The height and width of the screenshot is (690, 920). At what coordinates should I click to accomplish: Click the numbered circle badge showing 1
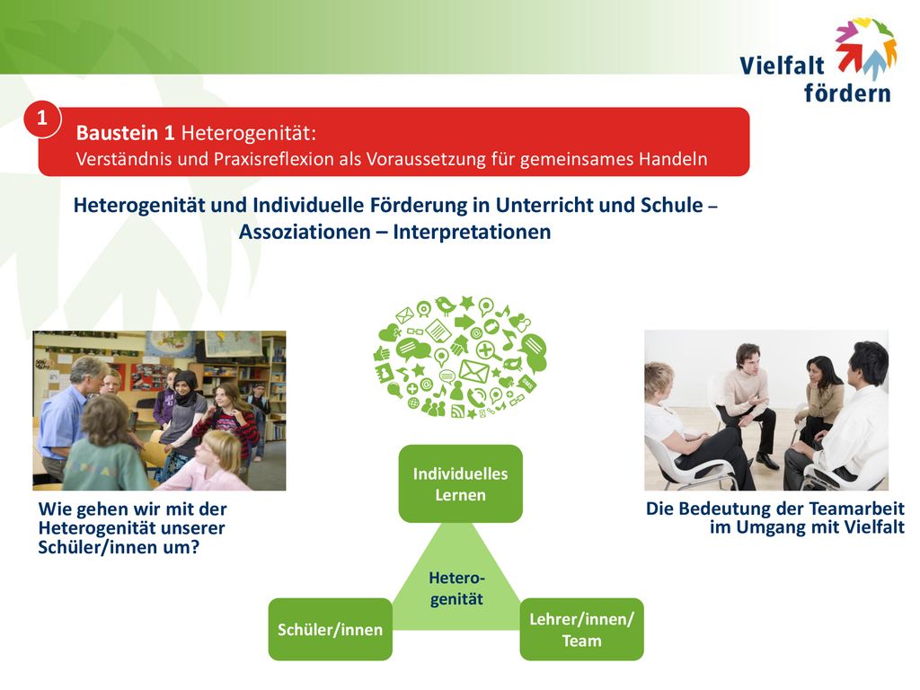(x=41, y=119)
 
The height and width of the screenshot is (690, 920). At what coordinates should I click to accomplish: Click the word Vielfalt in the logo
(x=782, y=65)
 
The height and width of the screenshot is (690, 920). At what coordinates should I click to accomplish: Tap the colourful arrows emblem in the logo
(x=866, y=47)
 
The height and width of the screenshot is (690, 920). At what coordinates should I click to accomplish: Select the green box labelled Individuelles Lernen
(x=460, y=483)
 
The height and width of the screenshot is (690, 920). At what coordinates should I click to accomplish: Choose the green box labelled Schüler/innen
(x=331, y=629)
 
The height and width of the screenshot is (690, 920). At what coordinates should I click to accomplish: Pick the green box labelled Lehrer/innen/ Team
(x=581, y=629)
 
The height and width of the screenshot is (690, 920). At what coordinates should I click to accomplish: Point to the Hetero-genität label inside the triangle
(x=456, y=588)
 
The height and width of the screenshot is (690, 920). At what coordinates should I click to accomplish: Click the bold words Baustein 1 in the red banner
(x=126, y=133)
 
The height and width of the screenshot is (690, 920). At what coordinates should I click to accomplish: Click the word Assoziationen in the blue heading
(x=305, y=232)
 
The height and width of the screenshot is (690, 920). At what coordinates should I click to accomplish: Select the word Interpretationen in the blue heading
(x=472, y=232)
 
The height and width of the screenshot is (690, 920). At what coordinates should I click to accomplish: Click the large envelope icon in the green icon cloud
(x=474, y=371)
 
